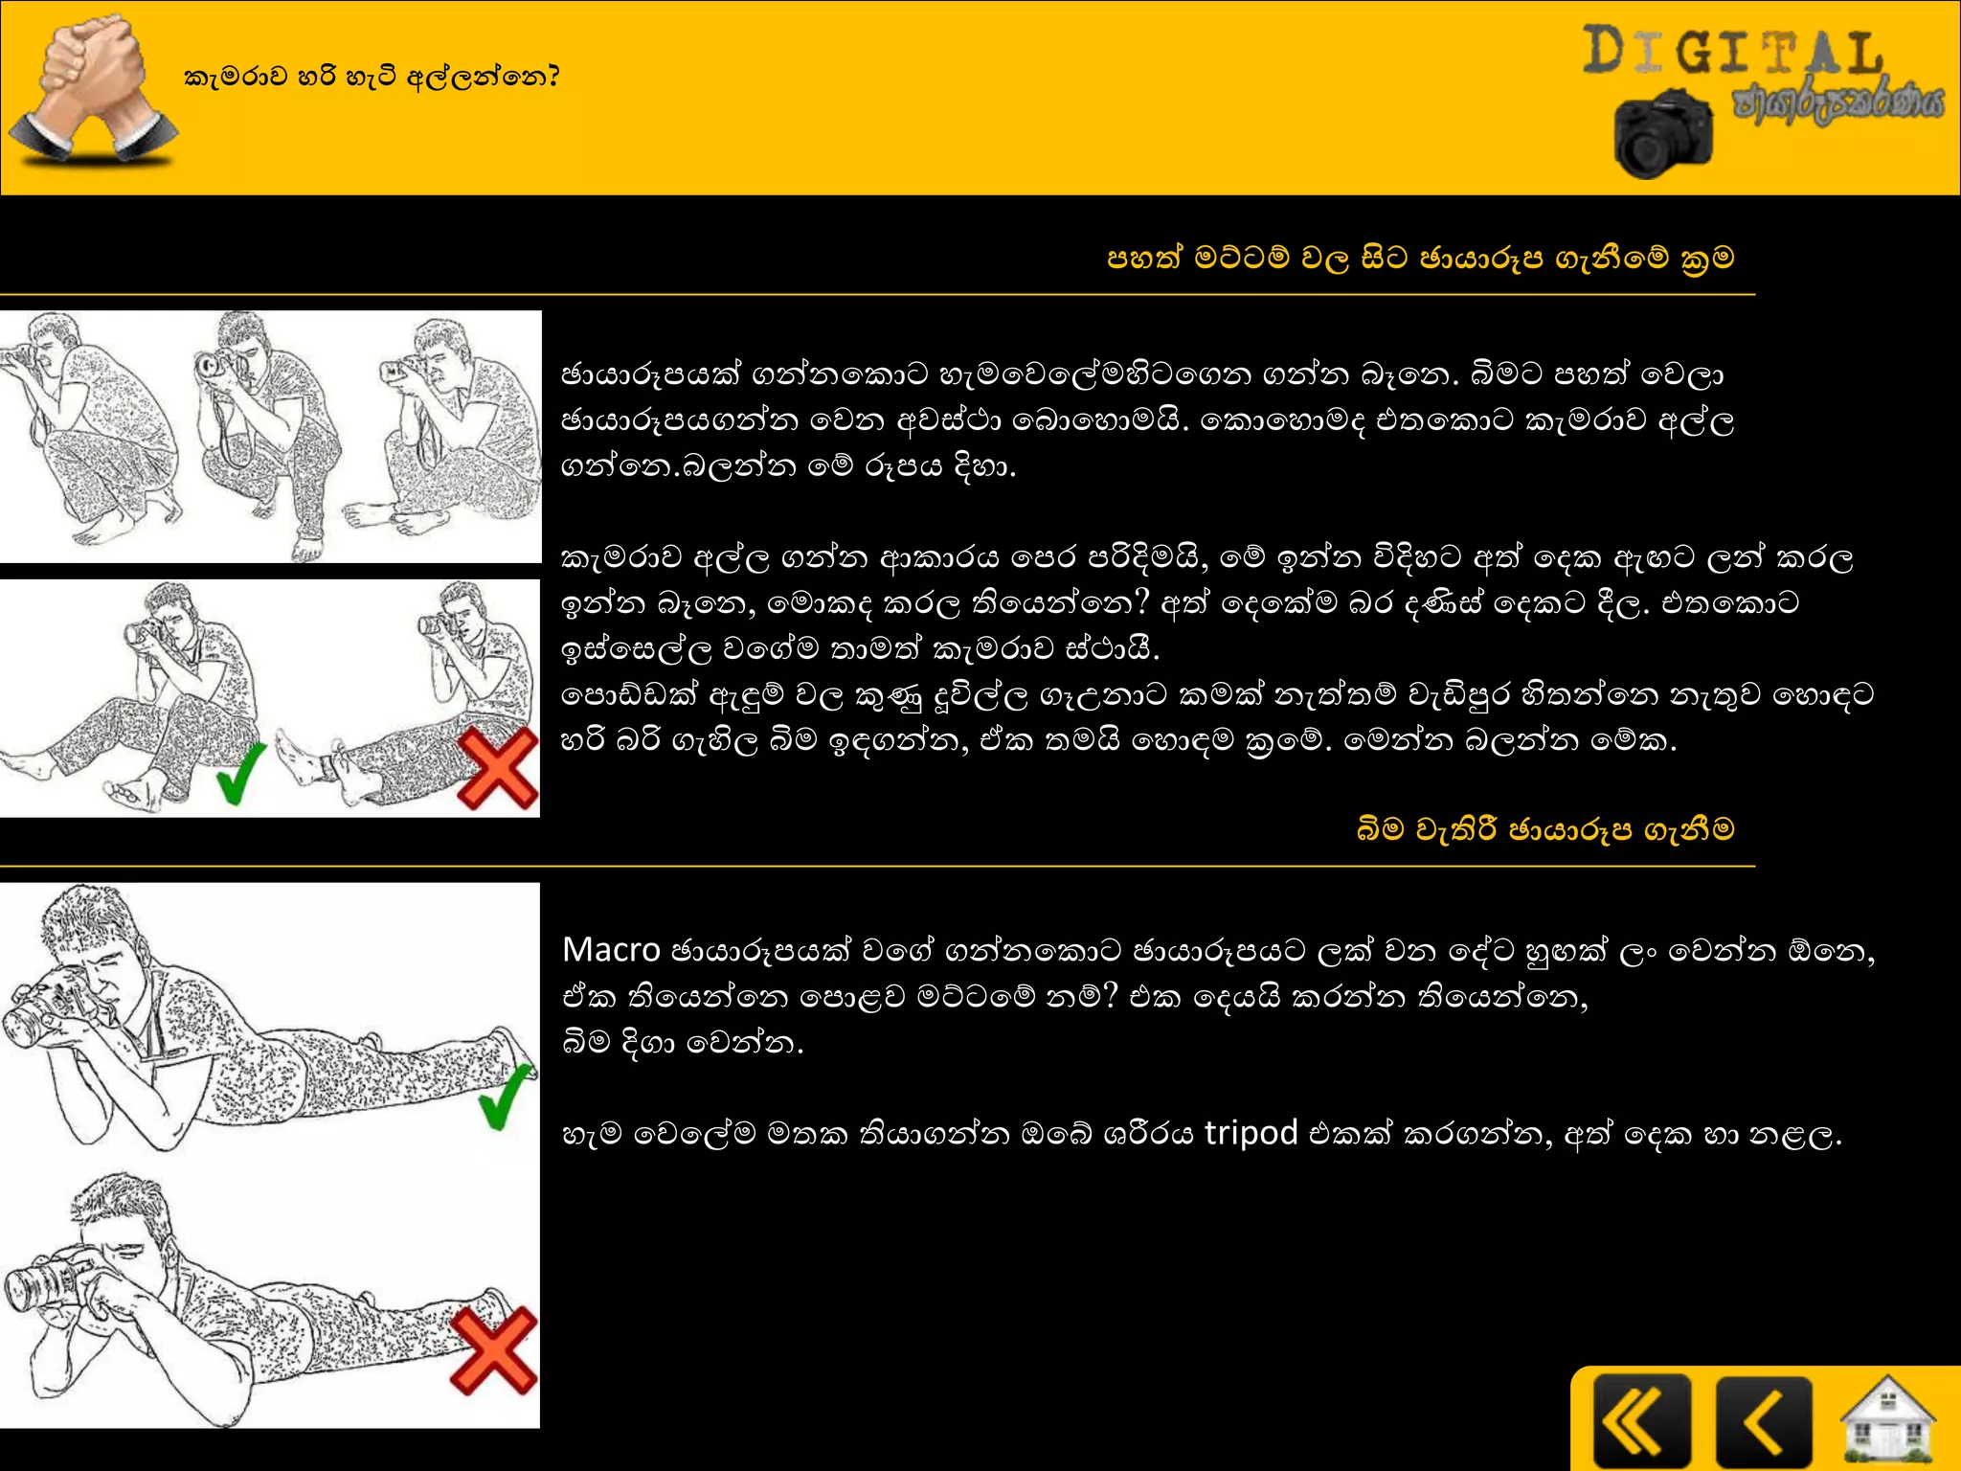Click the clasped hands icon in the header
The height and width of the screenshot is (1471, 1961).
tap(93, 88)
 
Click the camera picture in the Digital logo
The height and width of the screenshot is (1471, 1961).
tap(1663, 135)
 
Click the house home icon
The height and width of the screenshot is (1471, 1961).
tap(1886, 1422)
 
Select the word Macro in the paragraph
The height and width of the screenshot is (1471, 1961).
tap(611, 950)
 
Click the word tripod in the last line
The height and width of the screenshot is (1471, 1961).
tap(1251, 1133)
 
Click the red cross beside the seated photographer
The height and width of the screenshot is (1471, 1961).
tap(497, 768)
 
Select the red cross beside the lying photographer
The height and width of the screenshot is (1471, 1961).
tap(493, 1350)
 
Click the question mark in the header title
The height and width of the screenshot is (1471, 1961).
tap(551, 77)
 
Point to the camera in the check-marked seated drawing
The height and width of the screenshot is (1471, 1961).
tap(146, 632)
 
